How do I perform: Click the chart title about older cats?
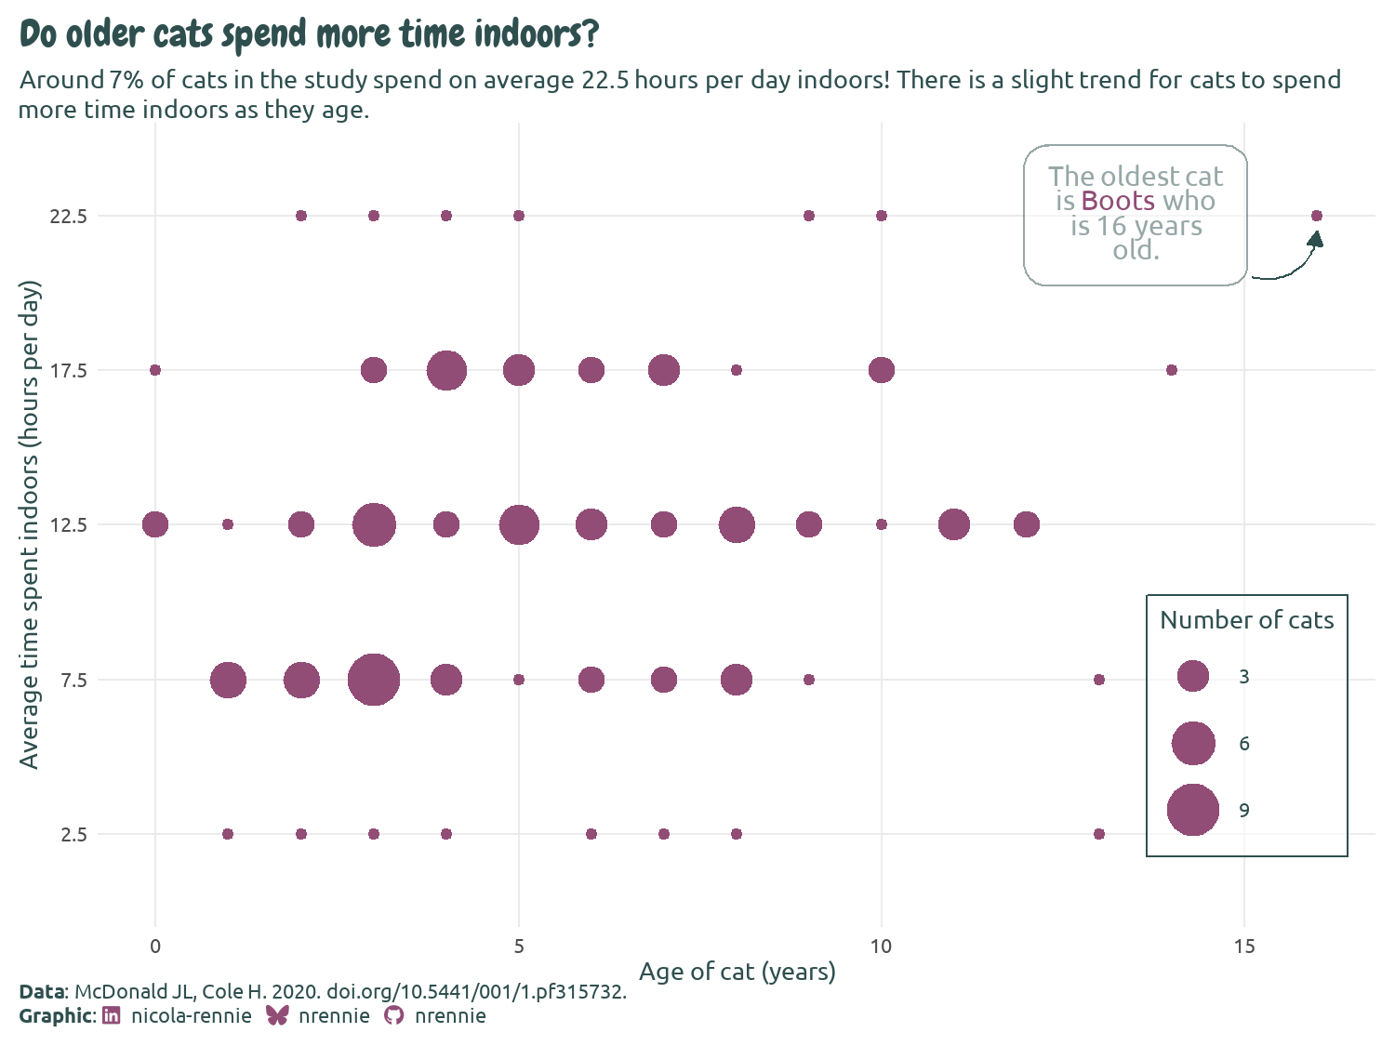[x=309, y=35]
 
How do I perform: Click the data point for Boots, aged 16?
[x=1316, y=216]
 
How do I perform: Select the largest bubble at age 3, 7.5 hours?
[x=374, y=680]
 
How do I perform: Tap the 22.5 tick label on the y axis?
[x=69, y=216]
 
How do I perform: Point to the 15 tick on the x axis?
[x=1243, y=947]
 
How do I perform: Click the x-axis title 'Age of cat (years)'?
[x=737, y=972]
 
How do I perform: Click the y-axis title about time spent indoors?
[x=30, y=524]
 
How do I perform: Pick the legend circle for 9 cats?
[x=1192, y=810]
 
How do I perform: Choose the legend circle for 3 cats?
[x=1192, y=676]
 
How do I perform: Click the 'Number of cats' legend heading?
[x=1246, y=620]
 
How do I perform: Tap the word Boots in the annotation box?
[x=1118, y=202]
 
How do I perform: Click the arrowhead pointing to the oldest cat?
[x=1315, y=240]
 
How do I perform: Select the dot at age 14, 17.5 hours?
[x=1171, y=370]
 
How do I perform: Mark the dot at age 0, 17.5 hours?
[x=155, y=370]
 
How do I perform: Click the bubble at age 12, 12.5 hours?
[x=1026, y=524]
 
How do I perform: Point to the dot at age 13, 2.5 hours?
[x=1099, y=834]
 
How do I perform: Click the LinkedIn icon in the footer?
[x=111, y=1015]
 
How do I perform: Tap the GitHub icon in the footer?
[x=394, y=1015]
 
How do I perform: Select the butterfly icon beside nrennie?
[x=277, y=1015]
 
